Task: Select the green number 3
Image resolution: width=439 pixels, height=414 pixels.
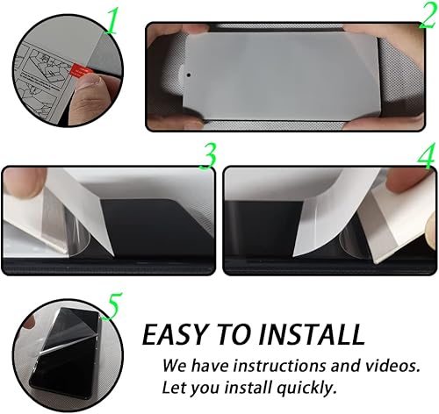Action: click(207, 154)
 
